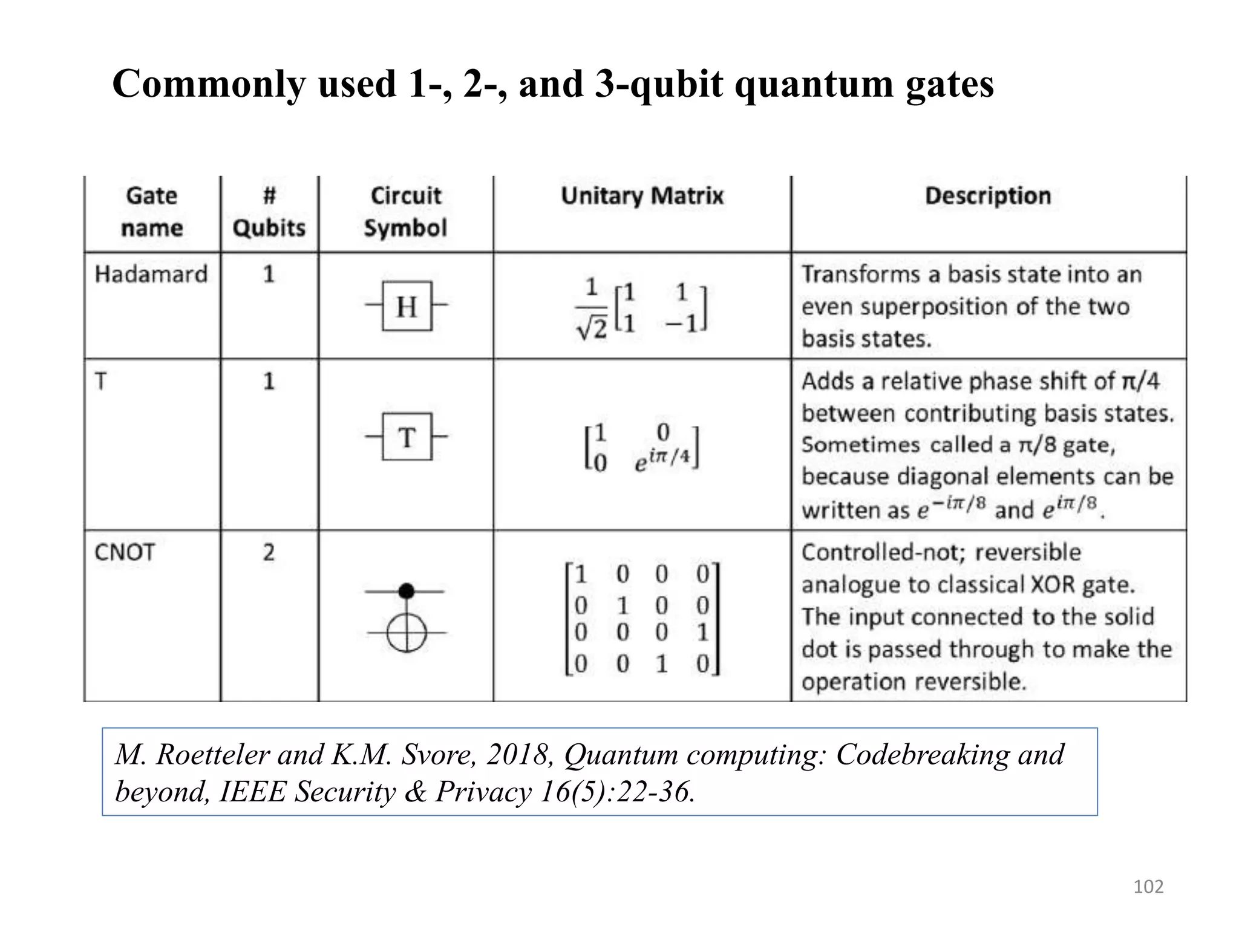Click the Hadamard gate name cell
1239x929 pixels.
point(151,274)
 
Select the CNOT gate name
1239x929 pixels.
point(125,552)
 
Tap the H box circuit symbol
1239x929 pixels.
point(407,306)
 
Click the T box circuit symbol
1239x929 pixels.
point(407,437)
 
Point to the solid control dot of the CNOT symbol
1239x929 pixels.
point(407,591)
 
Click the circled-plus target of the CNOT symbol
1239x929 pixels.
point(407,633)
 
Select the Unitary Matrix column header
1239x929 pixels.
point(642,196)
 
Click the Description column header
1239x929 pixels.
point(988,196)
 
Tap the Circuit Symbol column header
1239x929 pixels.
point(405,212)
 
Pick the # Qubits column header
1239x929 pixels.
point(269,212)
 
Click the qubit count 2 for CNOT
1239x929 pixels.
point(269,552)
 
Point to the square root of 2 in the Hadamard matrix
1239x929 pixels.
point(592,329)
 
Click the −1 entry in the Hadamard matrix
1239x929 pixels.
point(682,324)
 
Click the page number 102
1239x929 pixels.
point(1148,887)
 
